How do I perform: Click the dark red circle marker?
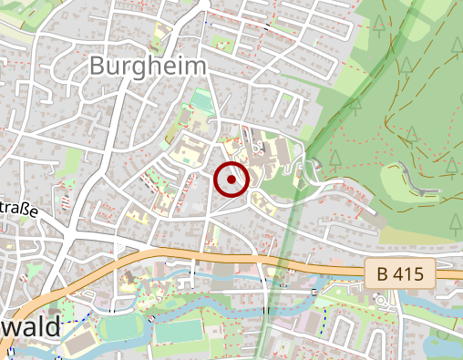pyautogui.click(x=231, y=179)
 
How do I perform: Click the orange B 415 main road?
pyautogui.click(x=182, y=253)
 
